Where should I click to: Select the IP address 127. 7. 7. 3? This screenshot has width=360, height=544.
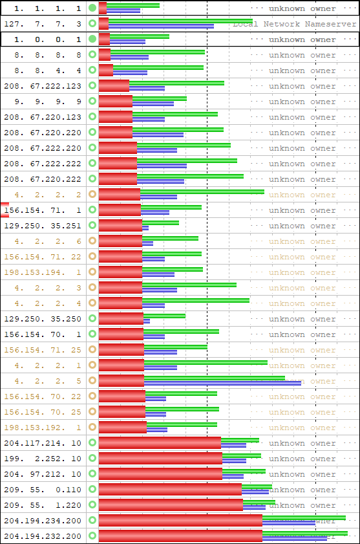pyautogui.click(x=43, y=24)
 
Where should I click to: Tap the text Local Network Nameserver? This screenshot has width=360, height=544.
pyautogui.click(x=294, y=24)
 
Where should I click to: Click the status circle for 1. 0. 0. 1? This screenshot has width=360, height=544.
pyautogui.click(x=92, y=39)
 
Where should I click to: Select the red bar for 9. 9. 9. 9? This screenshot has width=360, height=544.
pyautogui.click(x=116, y=102)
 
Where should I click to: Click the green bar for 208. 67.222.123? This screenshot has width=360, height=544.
pyautogui.click(x=176, y=83)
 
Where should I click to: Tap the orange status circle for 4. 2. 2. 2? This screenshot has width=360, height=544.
pyautogui.click(x=92, y=194)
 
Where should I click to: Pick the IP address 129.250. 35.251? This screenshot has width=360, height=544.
pyautogui.click(x=43, y=226)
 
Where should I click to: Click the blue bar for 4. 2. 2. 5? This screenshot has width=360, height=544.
pyautogui.click(x=222, y=383)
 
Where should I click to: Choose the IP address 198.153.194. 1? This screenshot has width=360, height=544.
pyautogui.click(x=43, y=272)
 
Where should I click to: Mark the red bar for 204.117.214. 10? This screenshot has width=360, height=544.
pyautogui.click(x=160, y=443)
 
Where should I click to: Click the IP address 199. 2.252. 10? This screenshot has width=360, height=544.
pyautogui.click(x=43, y=459)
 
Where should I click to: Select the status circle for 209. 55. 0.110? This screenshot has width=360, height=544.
pyautogui.click(x=92, y=490)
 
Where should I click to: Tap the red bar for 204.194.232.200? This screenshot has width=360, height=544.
pyautogui.click(x=180, y=536)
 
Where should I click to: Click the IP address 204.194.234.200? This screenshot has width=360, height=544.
pyautogui.click(x=43, y=521)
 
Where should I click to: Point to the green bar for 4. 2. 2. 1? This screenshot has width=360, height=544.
pyautogui.click(x=206, y=362)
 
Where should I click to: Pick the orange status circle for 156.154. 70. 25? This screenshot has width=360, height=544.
pyautogui.click(x=92, y=411)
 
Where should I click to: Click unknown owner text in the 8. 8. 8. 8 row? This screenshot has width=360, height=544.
pyautogui.click(x=302, y=55)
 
